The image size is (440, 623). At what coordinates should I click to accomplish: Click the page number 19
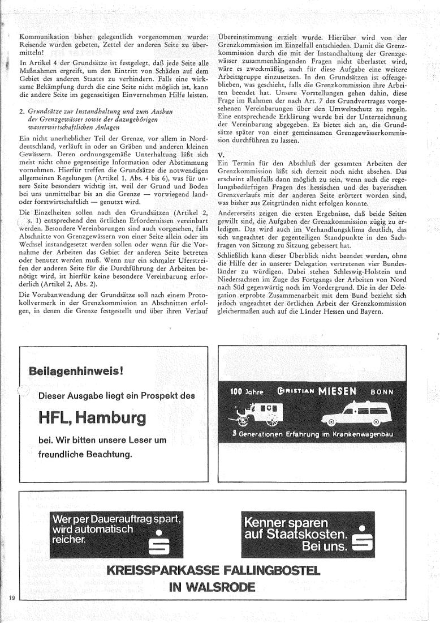coord(11,598)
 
